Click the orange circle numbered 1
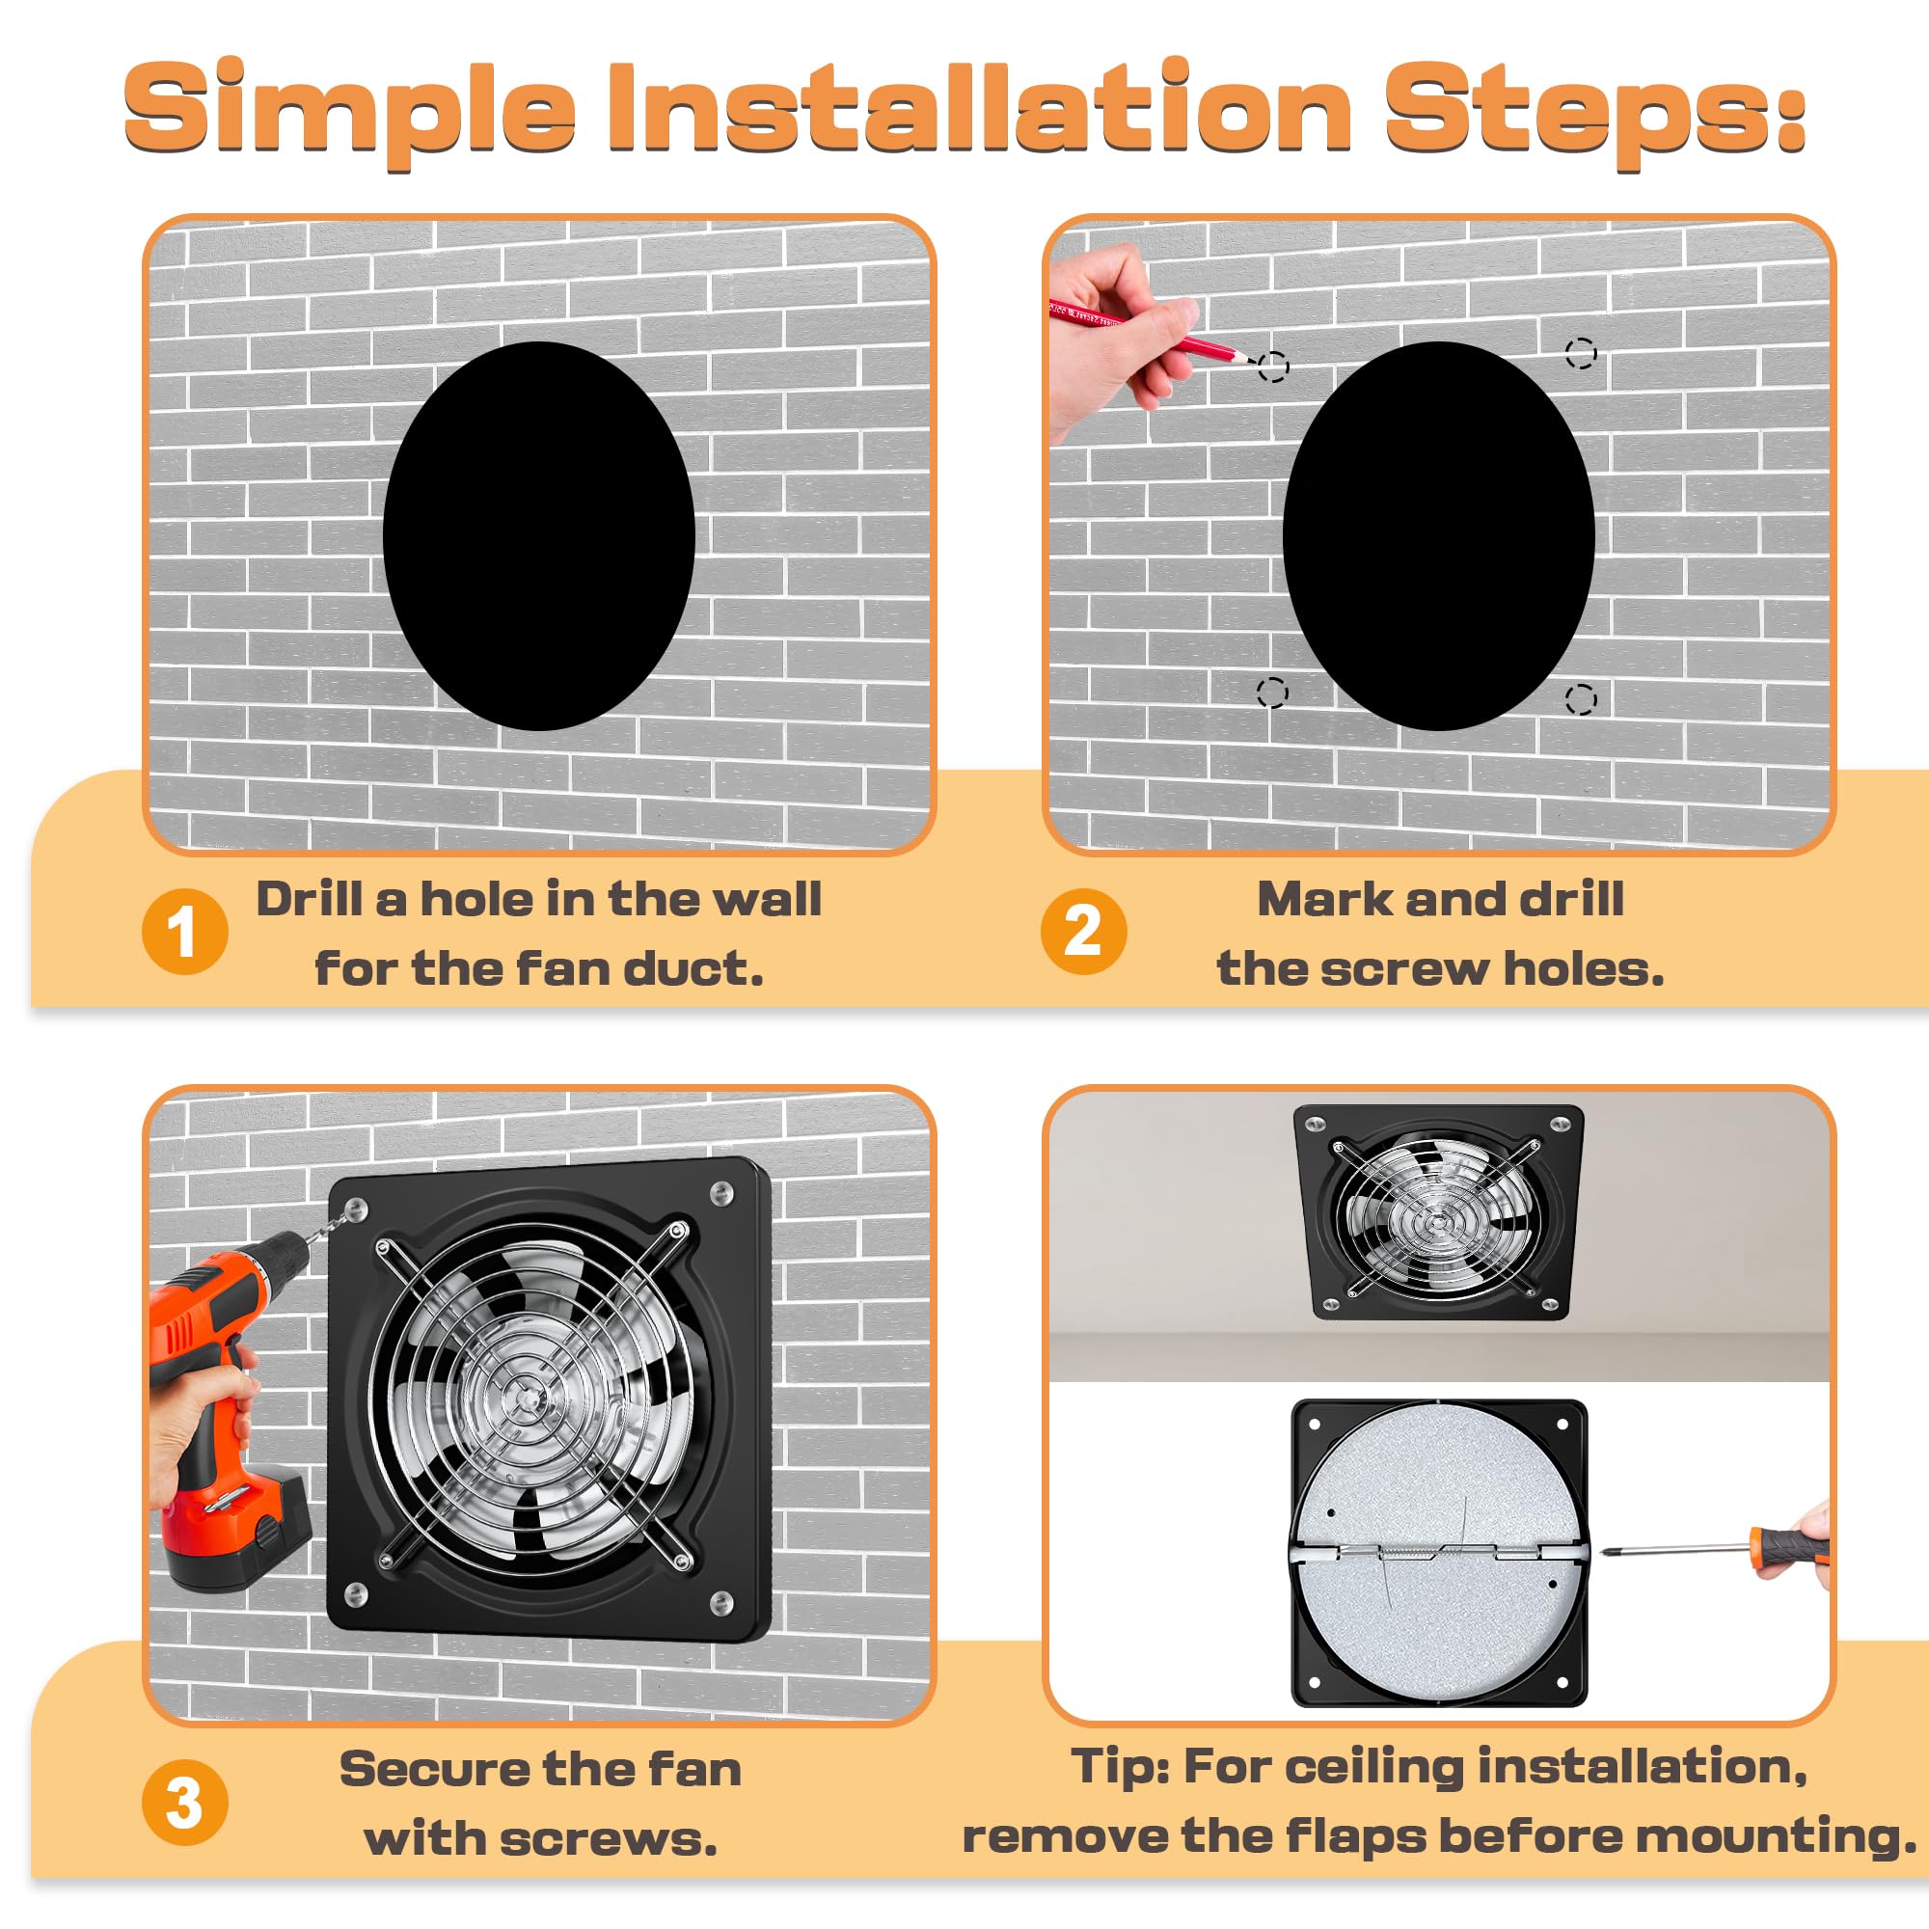(x=185, y=932)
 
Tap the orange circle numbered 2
(x=1083, y=932)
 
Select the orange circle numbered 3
(x=185, y=1804)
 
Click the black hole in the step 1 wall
(x=539, y=536)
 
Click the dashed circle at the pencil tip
(x=1273, y=367)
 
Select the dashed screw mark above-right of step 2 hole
(x=1581, y=352)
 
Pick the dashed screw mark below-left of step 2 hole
(x=1272, y=692)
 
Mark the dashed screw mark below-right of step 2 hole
(x=1581, y=699)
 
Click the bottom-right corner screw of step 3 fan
(x=720, y=1605)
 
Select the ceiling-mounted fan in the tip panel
(x=1439, y=1211)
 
